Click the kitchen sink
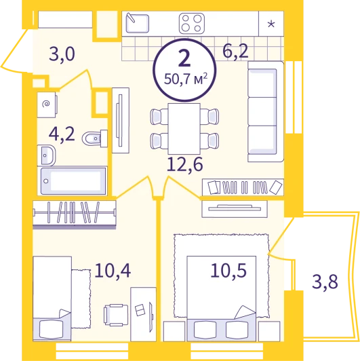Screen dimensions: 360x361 [x=138, y=23]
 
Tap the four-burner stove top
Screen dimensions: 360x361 [x=192, y=24]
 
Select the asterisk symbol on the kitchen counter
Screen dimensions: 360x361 [x=271, y=24]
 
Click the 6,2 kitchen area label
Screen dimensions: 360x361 [x=235, y=52]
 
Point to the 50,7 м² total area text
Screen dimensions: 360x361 [x=186, y=79]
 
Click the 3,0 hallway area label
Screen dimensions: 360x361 [x=62, y=55]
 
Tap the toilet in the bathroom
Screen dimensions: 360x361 [x=95, y=138]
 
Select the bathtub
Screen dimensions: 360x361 [x=74, y=181]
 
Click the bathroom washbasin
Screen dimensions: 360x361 [x=46, y=155]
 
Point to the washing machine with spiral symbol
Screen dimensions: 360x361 [x=47, y=104]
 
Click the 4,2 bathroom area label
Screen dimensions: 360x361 [x=62, y=134]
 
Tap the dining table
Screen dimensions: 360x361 [x=184, y=129]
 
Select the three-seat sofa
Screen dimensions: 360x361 [x=266, y=111]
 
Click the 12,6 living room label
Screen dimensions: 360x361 [x=184, y=165]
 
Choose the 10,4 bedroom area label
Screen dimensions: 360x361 [x=113, y=271]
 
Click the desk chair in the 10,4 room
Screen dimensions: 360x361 [x=116, y=315]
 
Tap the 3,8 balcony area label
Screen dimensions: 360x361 [x=325, y=282]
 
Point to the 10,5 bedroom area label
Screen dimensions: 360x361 [x=228, y=270]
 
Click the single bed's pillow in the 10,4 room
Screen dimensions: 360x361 [x=51, y=330]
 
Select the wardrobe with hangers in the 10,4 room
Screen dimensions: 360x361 [x=75, y=215]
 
